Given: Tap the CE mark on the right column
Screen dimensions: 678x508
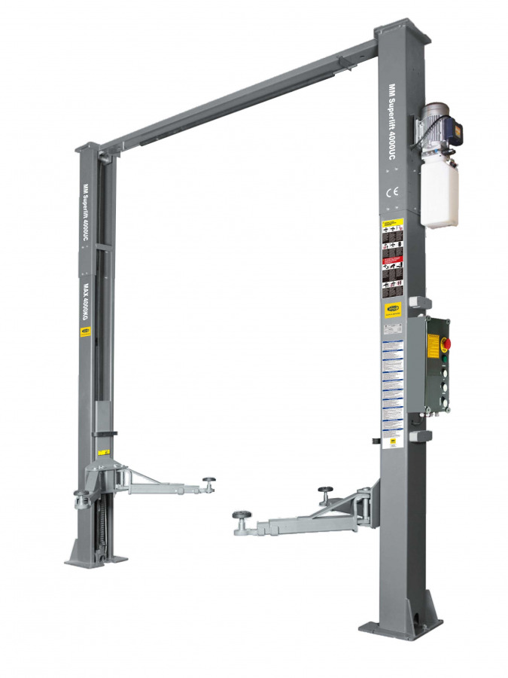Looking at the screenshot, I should (393, 192).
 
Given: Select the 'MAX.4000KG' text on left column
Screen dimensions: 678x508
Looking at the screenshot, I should (87, 302).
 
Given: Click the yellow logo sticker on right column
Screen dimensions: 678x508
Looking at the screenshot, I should (393, 309).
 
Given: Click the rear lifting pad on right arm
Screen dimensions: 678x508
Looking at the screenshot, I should (326, 490).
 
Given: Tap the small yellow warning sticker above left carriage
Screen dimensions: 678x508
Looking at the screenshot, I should (106, 451).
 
